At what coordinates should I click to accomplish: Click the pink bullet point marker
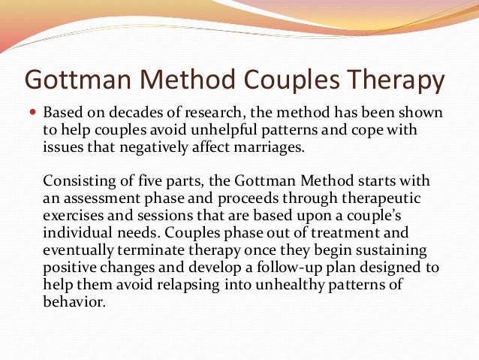pos(32,113)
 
